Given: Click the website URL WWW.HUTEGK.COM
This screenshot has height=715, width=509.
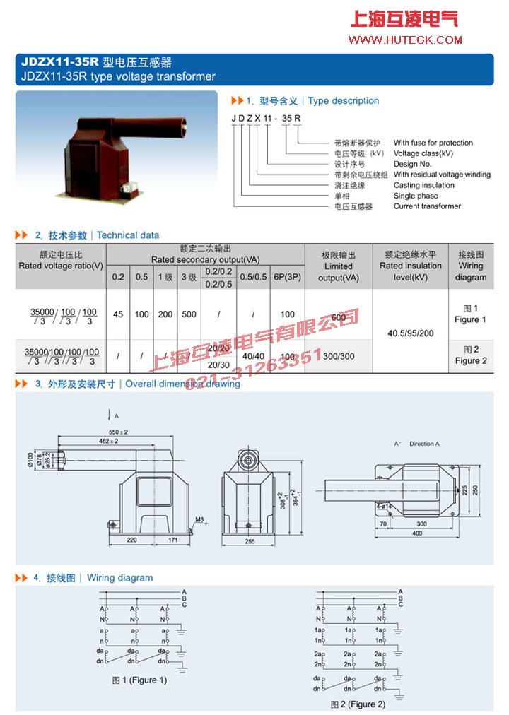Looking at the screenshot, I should point(405,40).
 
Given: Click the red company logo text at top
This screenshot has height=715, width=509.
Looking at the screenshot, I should point(404,19).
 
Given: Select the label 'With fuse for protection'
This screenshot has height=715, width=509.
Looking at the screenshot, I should point(433,143).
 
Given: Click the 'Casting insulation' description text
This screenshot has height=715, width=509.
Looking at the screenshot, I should point(423,185).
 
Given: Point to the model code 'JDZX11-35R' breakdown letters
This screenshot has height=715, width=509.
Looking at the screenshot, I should point(267,117).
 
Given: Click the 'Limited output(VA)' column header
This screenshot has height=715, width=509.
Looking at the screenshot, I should point(338,266).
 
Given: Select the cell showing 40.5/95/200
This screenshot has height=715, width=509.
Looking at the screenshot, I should point(411,333).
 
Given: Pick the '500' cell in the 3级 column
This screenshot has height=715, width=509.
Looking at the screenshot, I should point(189,314).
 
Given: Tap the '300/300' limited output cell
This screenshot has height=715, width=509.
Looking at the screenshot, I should point(339,356).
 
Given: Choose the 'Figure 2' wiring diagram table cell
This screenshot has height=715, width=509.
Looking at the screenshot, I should point(471,355).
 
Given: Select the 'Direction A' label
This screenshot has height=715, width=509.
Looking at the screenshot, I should point(424,444).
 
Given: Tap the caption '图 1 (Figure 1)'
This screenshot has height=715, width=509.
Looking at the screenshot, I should point(139,680).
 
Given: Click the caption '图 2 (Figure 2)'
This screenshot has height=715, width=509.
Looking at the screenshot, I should point(358,704).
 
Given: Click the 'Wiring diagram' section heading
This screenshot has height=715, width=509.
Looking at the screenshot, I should point(119,578).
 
